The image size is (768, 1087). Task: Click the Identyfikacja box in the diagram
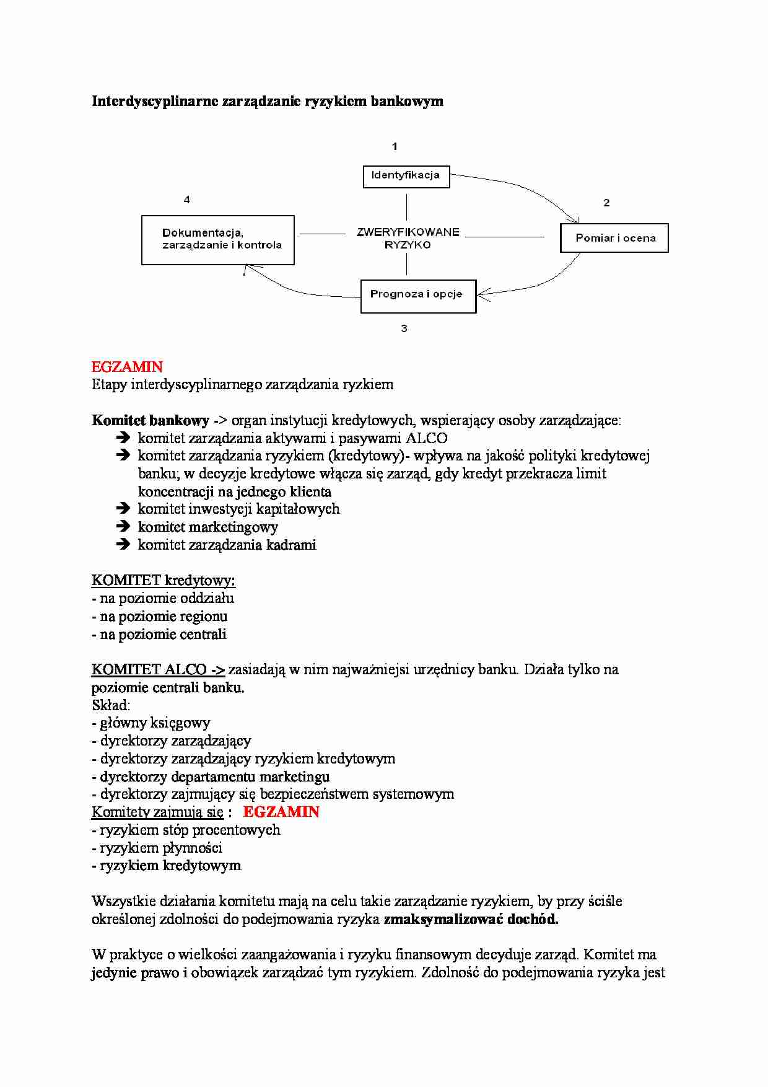coord(406,176)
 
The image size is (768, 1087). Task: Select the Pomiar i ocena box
coord(614,238)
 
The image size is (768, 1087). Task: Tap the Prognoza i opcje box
coord(417,296)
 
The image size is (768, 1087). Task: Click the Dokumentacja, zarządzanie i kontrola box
coord(218,240)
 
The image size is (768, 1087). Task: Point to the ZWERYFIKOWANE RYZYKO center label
coord(408,239)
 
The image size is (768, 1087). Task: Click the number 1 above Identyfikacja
coord(395,147)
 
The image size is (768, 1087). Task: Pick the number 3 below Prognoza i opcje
coord(404,328)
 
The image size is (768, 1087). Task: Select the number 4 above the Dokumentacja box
coord(186,200)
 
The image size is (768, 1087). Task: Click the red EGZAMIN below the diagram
coord(127,367)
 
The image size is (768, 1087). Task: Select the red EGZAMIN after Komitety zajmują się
coord(281,812)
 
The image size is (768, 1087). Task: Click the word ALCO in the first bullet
coord(426,438)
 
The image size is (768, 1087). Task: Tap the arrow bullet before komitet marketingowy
coord(123,527)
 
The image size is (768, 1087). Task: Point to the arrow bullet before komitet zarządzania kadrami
coord(123,545)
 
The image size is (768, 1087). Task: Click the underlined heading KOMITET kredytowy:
coord(164,581)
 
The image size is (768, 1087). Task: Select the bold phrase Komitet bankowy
coord(150,420)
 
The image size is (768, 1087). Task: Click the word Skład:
coord(111,705)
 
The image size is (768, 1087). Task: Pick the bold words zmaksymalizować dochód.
coord(471,919)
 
